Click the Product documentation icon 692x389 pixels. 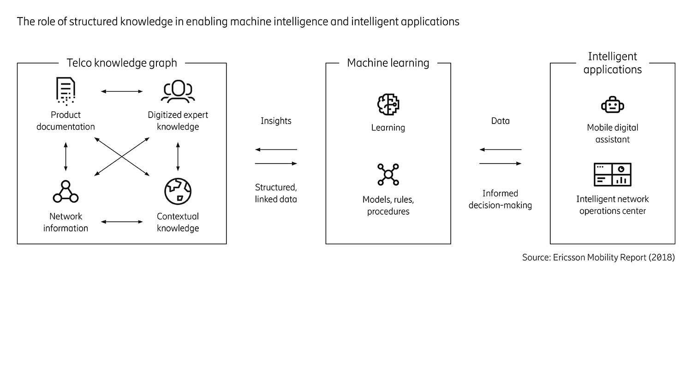pyautogui.click(x=66, y=91)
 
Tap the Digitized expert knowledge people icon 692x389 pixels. pyautogui.click(x=178, y=91)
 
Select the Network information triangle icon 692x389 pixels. pyautogui.click(x=66, y=192)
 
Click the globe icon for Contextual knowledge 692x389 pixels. pyautogui.click(x=178, y=191)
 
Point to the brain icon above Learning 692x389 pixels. pyautogui.click(x=388, y=105)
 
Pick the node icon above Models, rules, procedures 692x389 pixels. pyautogui.click(x=388, y=175)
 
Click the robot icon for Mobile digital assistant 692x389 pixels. pyautogui.click(x=612, y=105)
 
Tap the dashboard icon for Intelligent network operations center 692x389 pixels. pyautogui.click(x=612, y=175)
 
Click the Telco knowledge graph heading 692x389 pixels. pyautogui.click(x=122, y=63)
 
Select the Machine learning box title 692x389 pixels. pyautogui.click(x=388, y=63)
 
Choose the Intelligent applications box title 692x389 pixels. pyautogui.click(x=612, y=63)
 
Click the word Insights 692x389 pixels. pyautogui.click(x=276, y=121)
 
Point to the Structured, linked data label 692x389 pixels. pyautogui.click(x=276, y=193)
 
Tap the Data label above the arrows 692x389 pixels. pyautogui.click(x=500, y=121)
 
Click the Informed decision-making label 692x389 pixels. pyautogui.click(x=500, y=199)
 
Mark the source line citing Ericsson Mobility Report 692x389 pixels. pyautogui.click(x=598, y=257)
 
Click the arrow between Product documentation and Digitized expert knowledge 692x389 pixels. pyautogui.click(x=122, y=92)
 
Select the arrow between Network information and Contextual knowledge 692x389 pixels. pyautogui.click(x=122, y=222)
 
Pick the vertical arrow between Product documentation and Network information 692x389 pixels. pyautogui.click(x=66, y=157)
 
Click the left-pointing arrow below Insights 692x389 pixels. pyautogui.click(x=276, y=150)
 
